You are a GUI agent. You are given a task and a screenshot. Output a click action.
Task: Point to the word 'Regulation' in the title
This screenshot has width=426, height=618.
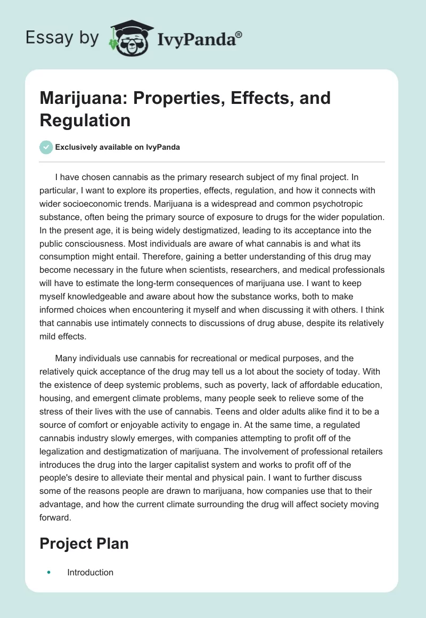click(x=85, y=120)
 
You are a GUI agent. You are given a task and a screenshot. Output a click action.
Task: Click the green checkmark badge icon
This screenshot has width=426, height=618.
click(x=46, y=147)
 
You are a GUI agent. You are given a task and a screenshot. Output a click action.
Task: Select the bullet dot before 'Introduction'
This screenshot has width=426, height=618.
click(x=48, y=572)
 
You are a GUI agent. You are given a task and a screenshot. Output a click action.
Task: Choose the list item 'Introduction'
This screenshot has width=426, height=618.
click(x=90, y=572)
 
